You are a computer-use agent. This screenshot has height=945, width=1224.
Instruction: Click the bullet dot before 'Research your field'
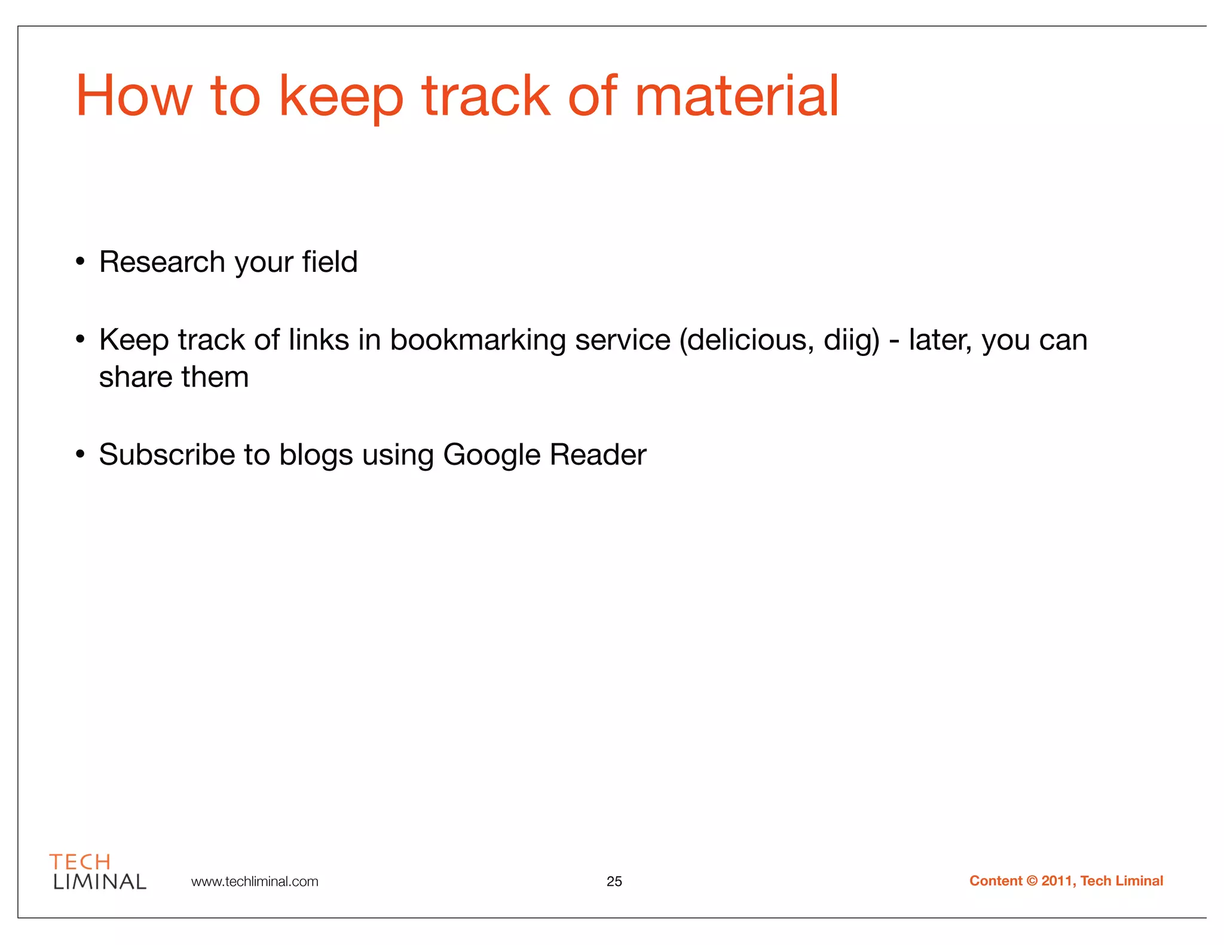point(80,262)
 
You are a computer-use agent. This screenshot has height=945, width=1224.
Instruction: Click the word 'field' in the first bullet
point(329,262)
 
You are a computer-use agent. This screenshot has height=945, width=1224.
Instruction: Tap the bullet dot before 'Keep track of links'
point(80,339)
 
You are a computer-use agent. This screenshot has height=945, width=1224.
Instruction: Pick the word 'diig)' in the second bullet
point(852,339)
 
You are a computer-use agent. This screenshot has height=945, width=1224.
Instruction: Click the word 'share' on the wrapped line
point(134,377)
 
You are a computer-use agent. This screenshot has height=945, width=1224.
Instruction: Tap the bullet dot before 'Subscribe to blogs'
point(80,455)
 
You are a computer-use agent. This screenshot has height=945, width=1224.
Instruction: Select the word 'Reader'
point(598,455)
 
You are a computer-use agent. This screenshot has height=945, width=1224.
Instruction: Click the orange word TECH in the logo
point(80,862)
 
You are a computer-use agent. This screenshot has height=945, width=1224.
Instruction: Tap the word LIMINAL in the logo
point(99,882)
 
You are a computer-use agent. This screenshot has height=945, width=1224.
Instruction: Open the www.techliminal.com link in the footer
point(255,882)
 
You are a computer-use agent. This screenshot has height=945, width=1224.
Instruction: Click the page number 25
point(614,882)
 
